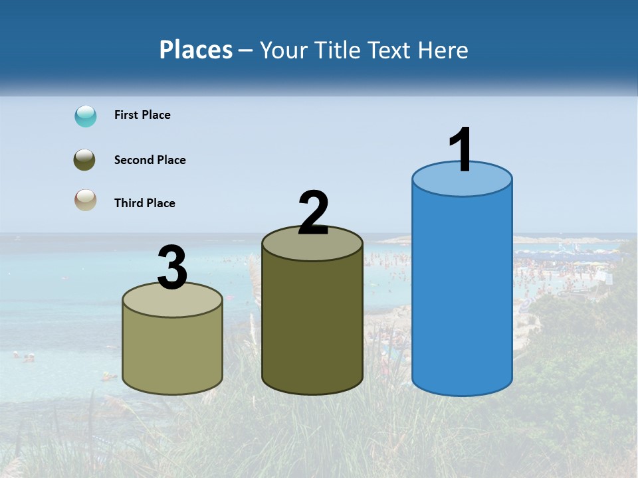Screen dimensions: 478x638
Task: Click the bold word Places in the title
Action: coord(196,50)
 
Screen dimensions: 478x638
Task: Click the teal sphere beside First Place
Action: coord(86,116)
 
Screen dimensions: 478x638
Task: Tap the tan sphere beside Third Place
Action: coord(86,200)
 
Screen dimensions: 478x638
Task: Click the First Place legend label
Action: coord(142,115)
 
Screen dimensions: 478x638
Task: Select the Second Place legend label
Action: coord(150,160)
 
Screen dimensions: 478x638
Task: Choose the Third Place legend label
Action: coord(144,203)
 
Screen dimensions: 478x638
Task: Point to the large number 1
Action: coord(461,150)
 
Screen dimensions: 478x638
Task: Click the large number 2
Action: coord(313,213)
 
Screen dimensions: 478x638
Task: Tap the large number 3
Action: coord(172,268)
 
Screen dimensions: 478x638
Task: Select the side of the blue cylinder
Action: coord(462,292)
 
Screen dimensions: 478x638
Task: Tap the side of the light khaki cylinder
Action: coord(173,355)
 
